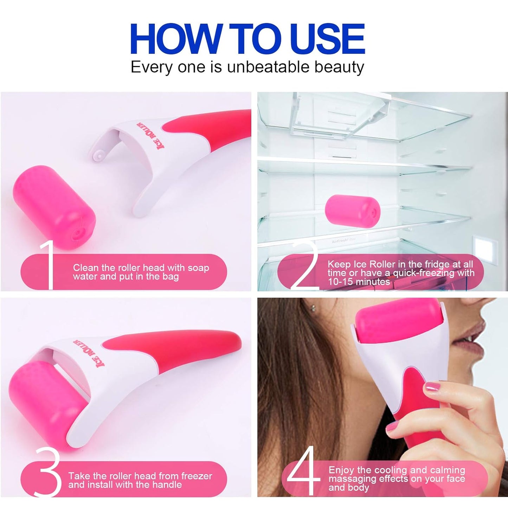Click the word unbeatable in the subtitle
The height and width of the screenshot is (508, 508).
(x=269, y=67)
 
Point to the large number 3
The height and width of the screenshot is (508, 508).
(x=49, y=471)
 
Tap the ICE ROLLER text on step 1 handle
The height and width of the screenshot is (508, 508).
(x=150, y=135)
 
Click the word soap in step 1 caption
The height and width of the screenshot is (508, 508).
(x=198, y=268)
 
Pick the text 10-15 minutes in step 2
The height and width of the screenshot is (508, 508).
(x=359, y=282)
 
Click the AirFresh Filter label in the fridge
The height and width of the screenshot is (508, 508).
(x=343, y=240)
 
